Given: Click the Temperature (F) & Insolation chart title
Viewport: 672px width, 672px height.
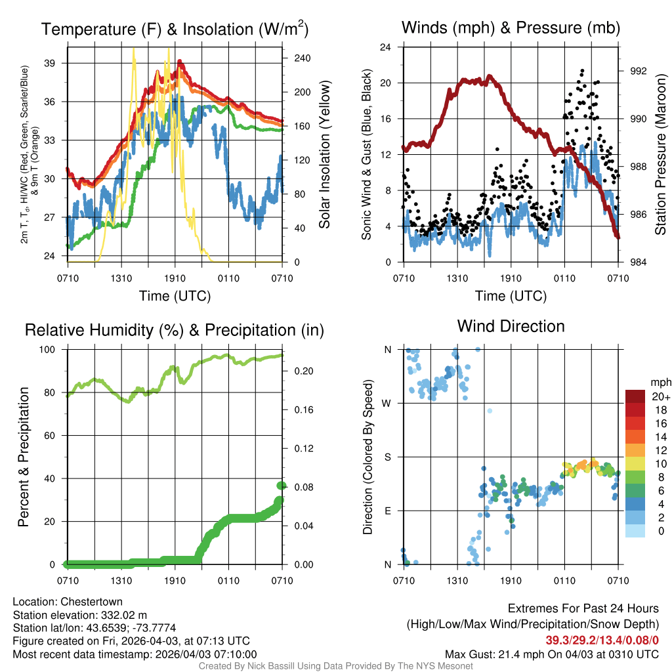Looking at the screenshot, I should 175,30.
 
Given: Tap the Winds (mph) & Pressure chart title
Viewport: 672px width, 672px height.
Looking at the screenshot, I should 511,28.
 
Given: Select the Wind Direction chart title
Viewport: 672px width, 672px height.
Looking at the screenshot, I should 511,326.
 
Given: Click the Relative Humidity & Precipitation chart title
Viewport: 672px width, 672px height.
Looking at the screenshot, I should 175,330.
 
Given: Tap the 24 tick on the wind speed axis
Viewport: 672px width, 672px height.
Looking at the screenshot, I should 387,47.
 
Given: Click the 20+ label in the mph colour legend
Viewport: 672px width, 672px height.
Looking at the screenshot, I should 660,396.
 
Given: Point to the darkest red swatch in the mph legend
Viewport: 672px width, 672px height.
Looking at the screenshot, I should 636,396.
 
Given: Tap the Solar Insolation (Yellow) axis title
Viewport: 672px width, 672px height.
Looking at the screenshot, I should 324,155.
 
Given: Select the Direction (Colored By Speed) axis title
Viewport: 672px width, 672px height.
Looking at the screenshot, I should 368,457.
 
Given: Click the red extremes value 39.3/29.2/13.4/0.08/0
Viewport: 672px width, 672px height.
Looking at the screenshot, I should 602,640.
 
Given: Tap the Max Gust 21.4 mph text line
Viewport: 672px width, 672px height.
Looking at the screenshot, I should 551,654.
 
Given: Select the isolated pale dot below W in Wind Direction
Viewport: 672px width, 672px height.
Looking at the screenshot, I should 489,411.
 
